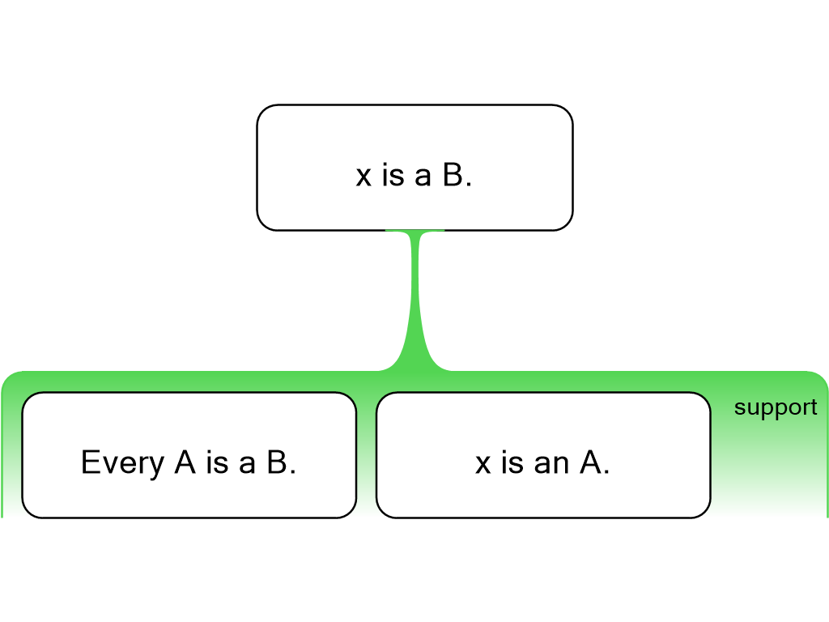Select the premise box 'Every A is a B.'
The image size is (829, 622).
pos(189,494)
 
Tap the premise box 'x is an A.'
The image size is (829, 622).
pos(542,494)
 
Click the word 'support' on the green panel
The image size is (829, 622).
pos(775,407)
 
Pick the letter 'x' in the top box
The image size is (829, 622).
pos(363,177)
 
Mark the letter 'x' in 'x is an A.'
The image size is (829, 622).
pos(483,463)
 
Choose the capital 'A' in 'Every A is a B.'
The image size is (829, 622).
pos(185,462)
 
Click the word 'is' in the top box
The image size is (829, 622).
pos(393,176)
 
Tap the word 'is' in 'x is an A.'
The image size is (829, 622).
pos(512,462)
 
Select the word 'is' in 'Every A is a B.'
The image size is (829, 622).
pos(216,462)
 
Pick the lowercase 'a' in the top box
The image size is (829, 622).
pos(423,177)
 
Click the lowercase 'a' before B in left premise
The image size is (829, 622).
pos(247,463)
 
